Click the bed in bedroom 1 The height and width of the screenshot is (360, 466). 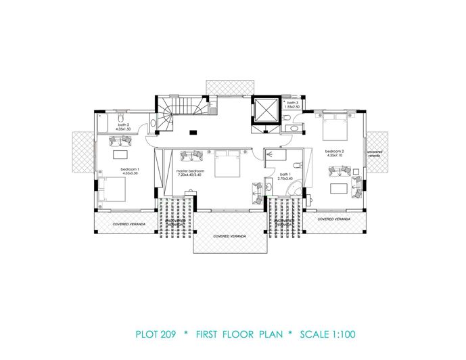coord(113,189)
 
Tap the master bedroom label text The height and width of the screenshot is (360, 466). coord(190,171)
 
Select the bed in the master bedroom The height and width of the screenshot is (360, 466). coord(227,164)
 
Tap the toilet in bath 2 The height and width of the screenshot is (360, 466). coord(154,123)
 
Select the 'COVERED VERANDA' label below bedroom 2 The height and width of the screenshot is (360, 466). coord(334,219)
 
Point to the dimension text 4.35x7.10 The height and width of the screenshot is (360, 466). coord(335,155)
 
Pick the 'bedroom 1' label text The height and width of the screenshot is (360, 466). coord(130,169)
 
